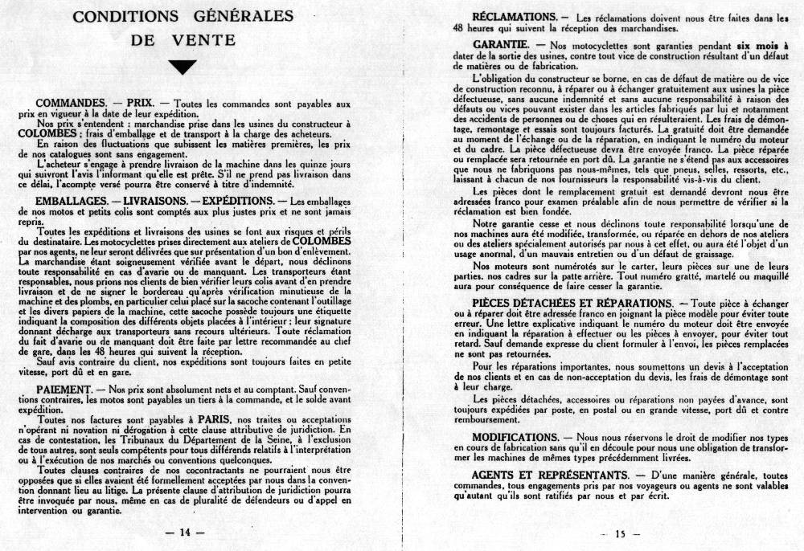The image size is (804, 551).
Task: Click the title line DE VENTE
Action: pos(184,39)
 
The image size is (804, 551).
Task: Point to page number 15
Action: pos(619,533)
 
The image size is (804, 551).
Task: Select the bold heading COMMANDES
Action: pos(72,104)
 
